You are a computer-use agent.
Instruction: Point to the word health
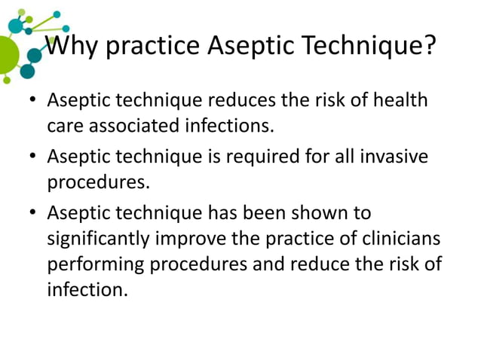coord(400,100)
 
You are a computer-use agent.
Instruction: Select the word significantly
coord(99,239)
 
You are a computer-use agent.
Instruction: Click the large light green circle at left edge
coord(7,52)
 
